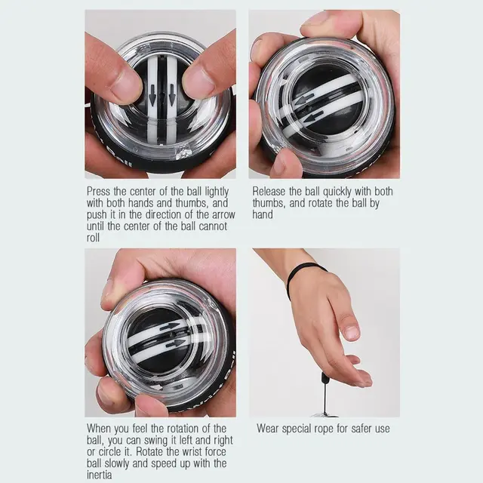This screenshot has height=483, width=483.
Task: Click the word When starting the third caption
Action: point(100,429)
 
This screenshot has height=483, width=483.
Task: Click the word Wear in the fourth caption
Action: point(269,429)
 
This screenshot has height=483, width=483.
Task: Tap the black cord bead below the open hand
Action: point(325,377)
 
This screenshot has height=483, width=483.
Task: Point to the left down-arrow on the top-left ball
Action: point(152,98)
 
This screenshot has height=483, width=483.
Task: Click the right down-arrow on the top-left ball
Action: point(172,98)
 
